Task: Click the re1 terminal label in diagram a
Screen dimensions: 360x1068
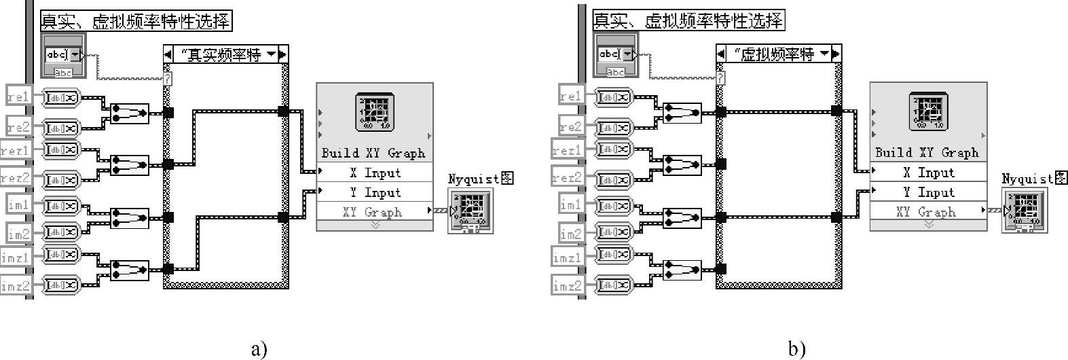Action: [x=19, y=97]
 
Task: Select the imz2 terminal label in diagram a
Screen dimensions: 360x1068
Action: [x=16, y=286]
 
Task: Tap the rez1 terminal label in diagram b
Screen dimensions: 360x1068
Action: [x=568, y=151]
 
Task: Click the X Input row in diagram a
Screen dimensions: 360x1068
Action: [x=375, y=173]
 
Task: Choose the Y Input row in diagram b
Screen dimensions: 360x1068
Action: [x=928, y=192]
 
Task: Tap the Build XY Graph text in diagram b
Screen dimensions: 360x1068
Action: [x=927, y=153]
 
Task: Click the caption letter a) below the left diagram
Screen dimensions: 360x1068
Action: [x=259, y=349]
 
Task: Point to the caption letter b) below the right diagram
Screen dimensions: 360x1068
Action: [x=797, y=349]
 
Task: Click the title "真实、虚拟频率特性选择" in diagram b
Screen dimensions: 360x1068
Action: [x=688, y=21]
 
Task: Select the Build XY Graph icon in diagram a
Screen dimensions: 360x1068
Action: [x=374, y=113]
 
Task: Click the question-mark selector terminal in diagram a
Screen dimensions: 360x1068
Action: [x=168, y=79]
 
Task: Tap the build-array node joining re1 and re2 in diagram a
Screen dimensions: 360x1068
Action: [x=129, y=113]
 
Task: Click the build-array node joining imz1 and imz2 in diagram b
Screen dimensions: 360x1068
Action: [x=682, y=270]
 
